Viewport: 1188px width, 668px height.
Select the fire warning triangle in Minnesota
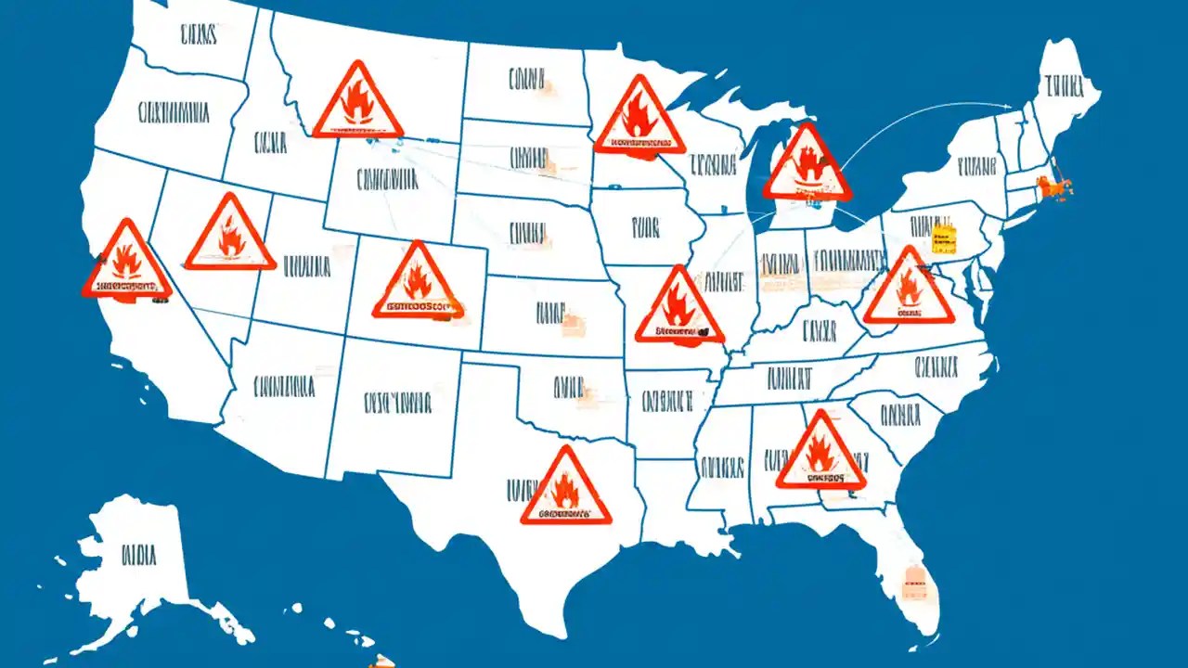tap(639, 119)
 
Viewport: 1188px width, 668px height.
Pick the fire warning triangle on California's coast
tap(126, 263)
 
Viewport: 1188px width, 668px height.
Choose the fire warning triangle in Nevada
tap(230, 237)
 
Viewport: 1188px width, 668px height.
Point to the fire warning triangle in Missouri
tap(679, 309)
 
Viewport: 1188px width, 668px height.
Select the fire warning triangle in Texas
tap(565, 489)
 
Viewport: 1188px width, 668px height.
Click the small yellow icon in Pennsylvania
tap(944, 238)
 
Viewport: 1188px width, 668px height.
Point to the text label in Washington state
tap(197, 35)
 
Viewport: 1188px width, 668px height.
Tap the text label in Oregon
tap(173, 113)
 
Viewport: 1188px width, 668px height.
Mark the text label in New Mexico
tap(397, 402)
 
